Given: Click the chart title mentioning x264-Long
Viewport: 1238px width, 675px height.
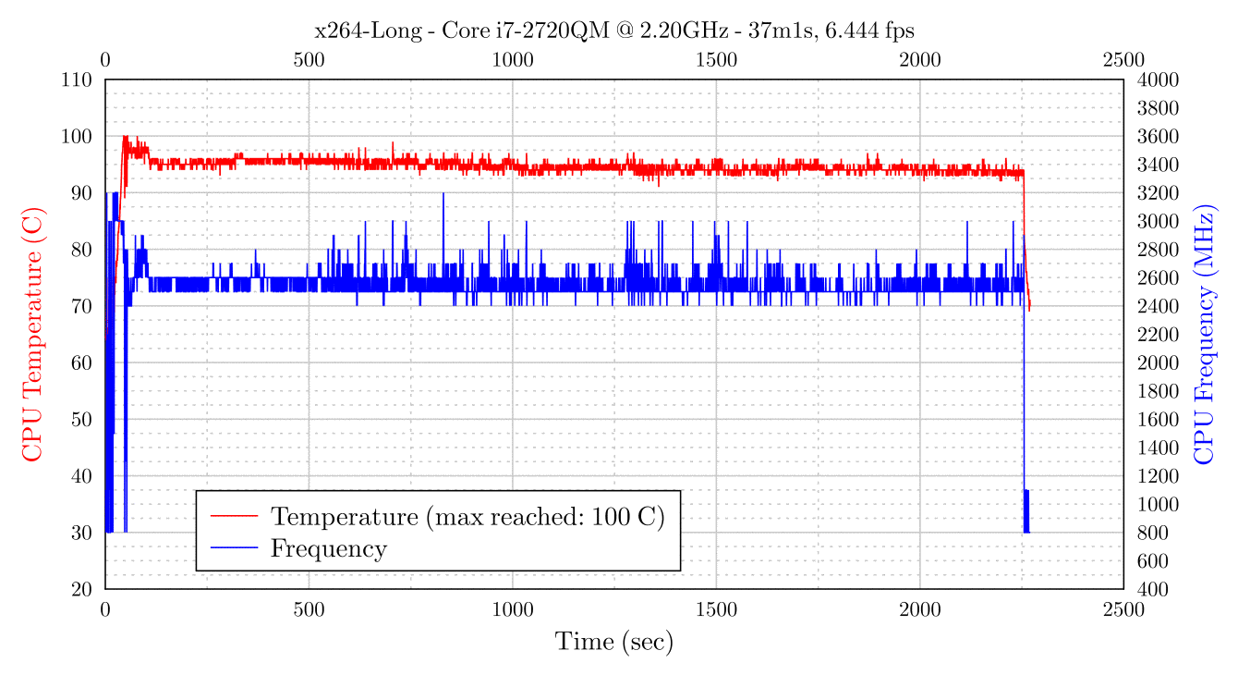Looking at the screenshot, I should point(614,31).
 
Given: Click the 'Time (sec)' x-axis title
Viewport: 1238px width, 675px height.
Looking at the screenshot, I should point(613,641).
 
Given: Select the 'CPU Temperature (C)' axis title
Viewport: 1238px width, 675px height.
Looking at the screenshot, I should point(32,335).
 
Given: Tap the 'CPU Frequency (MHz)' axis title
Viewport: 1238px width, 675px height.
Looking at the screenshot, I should point(1204,335).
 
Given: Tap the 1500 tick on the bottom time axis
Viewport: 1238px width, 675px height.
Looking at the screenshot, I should point(716,610).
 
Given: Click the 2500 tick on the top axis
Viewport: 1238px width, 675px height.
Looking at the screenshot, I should point(1123,60).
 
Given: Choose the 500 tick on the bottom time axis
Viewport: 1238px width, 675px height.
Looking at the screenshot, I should point(309,610).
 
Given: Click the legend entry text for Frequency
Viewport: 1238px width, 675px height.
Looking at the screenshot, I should point(328,549).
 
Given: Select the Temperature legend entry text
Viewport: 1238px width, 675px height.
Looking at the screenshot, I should point(467,516).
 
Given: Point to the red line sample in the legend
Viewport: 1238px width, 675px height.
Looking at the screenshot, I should point(234,516).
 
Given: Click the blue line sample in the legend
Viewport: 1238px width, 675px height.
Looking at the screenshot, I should point(234,549).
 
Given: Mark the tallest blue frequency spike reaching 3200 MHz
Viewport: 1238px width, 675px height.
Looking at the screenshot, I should point(443,194).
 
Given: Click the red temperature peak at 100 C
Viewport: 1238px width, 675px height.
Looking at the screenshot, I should point(125,138).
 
